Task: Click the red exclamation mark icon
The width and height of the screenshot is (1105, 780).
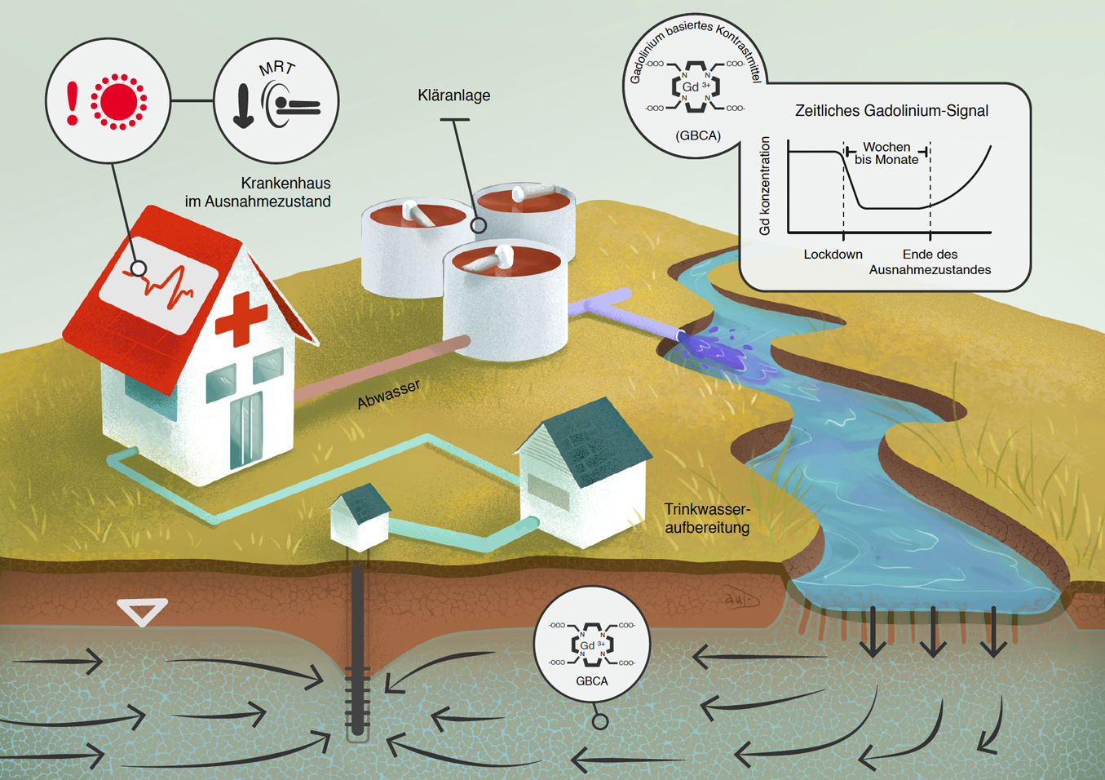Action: tap(73, 102)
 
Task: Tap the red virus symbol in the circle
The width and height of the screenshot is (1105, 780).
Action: tap(119, 101)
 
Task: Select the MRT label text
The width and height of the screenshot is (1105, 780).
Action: tap(276, 68)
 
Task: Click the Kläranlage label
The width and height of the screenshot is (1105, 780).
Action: tap(453, 95)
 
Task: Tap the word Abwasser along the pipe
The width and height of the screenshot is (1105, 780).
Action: tap(388, 394)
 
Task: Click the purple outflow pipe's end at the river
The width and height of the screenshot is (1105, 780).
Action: tap(681, 335)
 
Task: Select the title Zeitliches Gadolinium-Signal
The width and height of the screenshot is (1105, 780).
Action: tap(891, 111)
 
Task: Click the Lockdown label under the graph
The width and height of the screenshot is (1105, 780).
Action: tap(833, 255)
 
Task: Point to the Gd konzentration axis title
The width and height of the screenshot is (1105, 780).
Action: tap(765, 186)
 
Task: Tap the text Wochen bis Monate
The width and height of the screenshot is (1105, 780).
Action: tap(886, 153)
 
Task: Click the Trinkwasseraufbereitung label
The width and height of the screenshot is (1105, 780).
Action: tap(707, 519)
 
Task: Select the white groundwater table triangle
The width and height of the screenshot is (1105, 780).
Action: tap(142, 610)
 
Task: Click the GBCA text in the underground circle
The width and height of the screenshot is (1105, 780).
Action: tap(591, 681)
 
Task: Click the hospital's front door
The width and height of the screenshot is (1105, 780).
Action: tap(246, 429)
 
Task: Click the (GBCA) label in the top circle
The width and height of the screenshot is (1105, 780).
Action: tap(698, 135)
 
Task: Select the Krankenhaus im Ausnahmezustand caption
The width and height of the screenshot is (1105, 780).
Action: tap(258, 193)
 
